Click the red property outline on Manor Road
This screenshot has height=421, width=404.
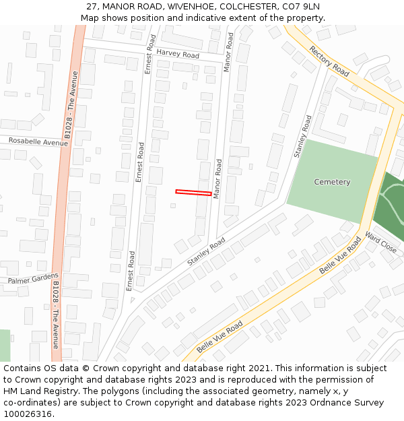[x=193, y=193]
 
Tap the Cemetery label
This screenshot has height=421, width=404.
[x=332, y=182]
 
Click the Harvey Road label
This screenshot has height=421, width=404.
[x=178, y=54]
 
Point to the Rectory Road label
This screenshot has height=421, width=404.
[x=329, y=61]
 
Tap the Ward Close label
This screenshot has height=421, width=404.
[x=380, y=243]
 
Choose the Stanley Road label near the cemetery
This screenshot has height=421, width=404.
[x=303, y=137]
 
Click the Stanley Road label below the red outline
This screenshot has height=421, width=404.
[x=207, y=251]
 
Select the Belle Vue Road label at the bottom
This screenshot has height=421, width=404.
[x=220, y=337]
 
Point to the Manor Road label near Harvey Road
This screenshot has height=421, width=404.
[x=229, y=52]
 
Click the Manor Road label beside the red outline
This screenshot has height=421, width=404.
[x=217, y=179]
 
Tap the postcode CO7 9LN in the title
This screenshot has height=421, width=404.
[x=300, y=6]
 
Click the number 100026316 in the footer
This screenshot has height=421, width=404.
[x=28, y=414]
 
